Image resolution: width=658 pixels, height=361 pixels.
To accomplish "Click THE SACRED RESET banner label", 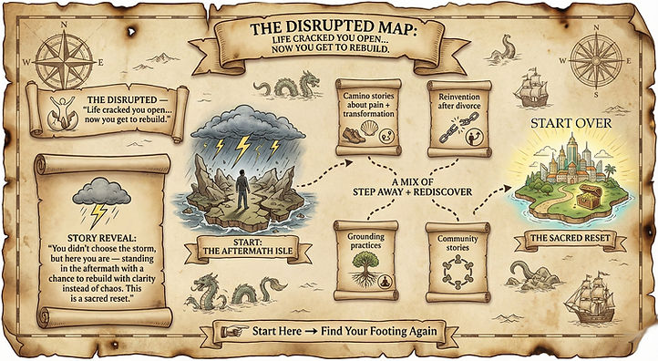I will click(x=566, y=242).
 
